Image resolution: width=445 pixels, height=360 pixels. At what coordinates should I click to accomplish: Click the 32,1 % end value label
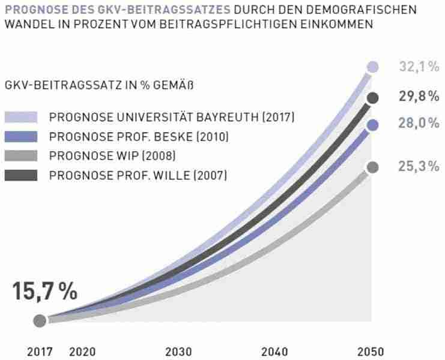click(x=419, y=67)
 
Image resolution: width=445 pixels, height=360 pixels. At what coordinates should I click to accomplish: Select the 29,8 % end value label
click(x=419, y=97)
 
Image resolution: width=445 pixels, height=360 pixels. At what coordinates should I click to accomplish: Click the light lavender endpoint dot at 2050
click(x=373, y=67)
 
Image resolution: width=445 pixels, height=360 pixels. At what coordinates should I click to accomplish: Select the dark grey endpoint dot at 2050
click(x=373, y=97)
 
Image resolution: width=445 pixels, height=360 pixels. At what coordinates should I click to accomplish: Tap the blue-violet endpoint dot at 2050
click(x=373, y=125)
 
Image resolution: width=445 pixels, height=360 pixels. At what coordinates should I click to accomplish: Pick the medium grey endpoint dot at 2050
click(x=373, y=167)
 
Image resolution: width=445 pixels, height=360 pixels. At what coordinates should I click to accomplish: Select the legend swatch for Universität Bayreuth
click(x=21, y=117)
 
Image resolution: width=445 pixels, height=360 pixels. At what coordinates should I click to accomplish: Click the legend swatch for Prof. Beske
click(x=21, y=136)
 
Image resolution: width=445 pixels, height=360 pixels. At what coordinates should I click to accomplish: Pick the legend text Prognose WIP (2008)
click(x=112, y=156)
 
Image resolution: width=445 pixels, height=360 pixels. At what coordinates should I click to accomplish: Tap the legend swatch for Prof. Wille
click(x=21, y=175)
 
